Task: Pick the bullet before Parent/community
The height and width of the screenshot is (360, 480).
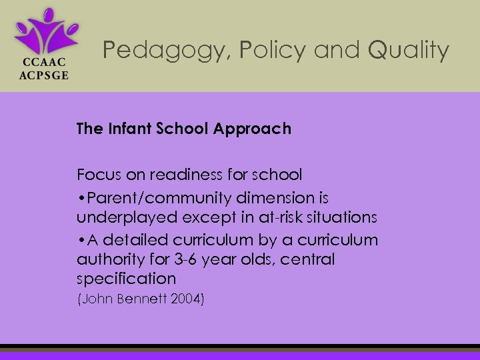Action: (x=80, y=199)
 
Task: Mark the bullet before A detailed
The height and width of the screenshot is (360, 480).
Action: (x=80, y=240)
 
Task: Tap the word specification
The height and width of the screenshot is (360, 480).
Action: (x=126, y=279)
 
